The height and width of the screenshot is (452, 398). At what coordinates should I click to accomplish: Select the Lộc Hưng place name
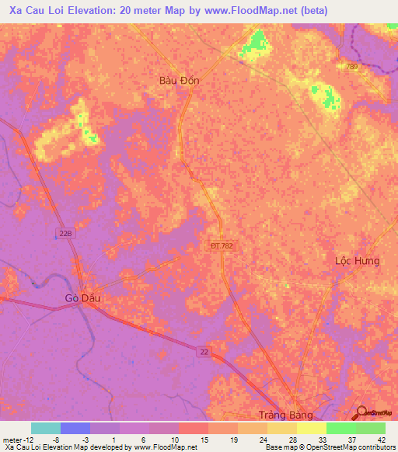[x=357, y=261]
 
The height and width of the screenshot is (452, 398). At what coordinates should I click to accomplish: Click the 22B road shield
[x=66, y=232]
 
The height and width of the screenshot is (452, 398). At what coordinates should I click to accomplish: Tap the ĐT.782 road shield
[x=222, y=245]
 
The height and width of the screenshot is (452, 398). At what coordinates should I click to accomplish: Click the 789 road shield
[x=352, y=67]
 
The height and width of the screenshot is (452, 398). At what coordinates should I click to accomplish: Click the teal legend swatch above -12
[x=45, y=428]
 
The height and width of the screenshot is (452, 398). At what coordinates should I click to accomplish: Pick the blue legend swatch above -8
[x=75, y=428]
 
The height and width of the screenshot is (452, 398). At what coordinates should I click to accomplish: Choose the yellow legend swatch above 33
[x=311, y=428]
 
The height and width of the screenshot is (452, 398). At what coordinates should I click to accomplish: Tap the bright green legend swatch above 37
[x=340, y=428]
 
